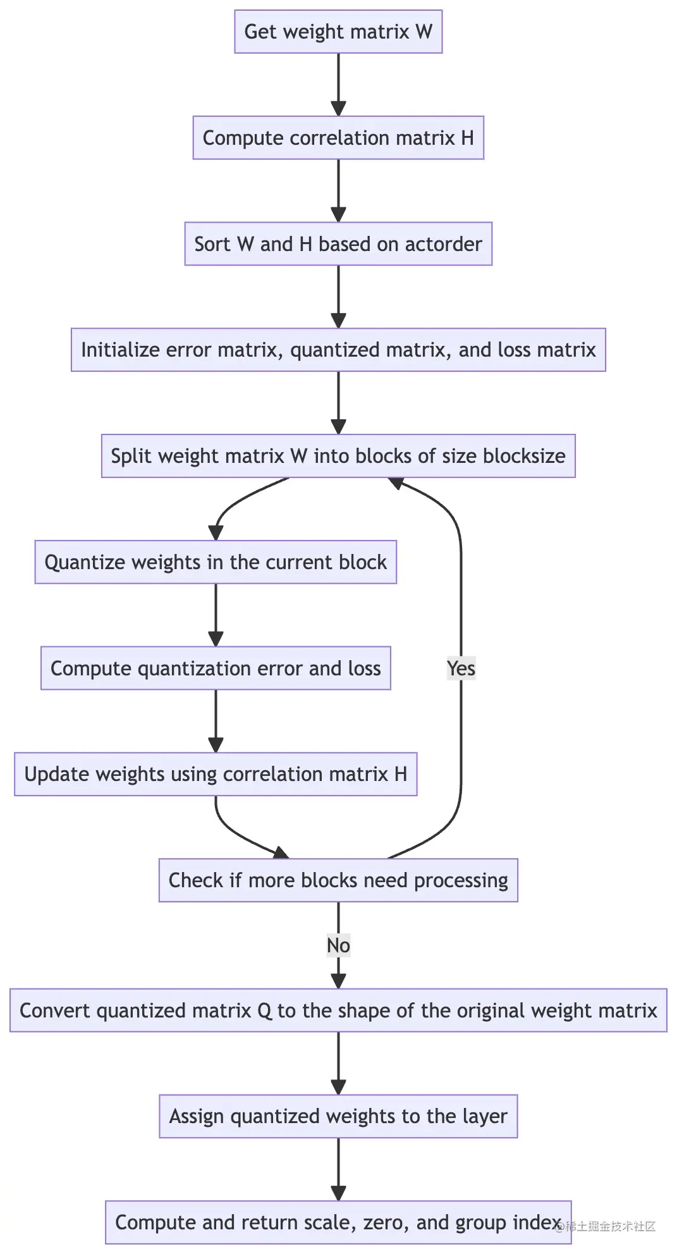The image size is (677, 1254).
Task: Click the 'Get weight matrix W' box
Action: click(x=338, y=32)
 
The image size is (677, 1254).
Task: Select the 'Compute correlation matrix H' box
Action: click(x=338, y=138)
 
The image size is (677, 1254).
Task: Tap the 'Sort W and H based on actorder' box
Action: click(x=338, y=244)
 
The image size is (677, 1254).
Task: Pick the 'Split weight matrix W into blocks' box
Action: click(x=338, y=456)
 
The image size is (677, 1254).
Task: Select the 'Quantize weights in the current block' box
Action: click(x=216, y=562)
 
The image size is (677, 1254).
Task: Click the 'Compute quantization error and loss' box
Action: click(x=216, y=668)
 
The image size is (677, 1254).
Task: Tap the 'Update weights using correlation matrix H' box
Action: click(x=216, y=774)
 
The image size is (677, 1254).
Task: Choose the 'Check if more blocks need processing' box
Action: click(x=338, y=880)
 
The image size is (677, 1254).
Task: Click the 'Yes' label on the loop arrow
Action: click(x=461, y=668)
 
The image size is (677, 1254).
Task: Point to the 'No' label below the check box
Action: click(x=338, y=945)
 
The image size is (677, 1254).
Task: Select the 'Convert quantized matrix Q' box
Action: click(x=338, y=1011)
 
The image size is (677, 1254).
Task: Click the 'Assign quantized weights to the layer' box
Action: click(x=338, y=1116)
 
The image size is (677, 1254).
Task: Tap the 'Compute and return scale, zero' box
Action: click(x=338, y=1222)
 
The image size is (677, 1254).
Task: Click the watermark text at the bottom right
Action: click(x=607, y=1227)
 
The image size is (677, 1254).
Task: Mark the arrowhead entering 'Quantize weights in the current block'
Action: click(x=216, y=533)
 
